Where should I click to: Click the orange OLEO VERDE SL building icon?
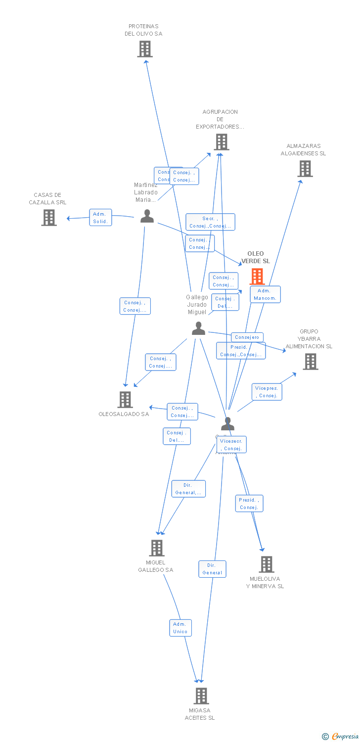(x=257, y=276)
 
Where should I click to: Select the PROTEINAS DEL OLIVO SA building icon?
(x=145, y=49)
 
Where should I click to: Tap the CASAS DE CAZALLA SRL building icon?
(x=49, y=218)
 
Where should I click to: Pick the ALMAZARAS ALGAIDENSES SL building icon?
(x=305, y=169)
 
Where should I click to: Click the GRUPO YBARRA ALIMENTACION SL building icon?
(x=310, y=362)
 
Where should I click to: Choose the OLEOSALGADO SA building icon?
(x=125, y=399)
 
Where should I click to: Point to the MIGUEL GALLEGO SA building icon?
(x=157, y=548)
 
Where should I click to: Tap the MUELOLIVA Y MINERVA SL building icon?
(x=266, y=564)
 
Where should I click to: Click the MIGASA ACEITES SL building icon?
(x=201, y=696)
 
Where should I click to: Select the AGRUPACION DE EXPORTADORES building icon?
(x=221, y=142)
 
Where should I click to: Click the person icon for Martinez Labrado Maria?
(x=147, y=216)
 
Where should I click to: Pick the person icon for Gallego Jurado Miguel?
(x=198, y=328)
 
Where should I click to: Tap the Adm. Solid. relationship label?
(x=100, y=218)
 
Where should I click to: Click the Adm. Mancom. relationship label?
(x=265, y=294)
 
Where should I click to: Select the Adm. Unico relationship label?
(x=180, y=628)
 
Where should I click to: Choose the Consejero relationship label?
(x=247, y=337)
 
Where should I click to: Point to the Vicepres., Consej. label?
(x=267, y=392)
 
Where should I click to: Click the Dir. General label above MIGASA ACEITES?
(x=212, y=569)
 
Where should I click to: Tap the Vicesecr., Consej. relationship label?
(x=231, y=445)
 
